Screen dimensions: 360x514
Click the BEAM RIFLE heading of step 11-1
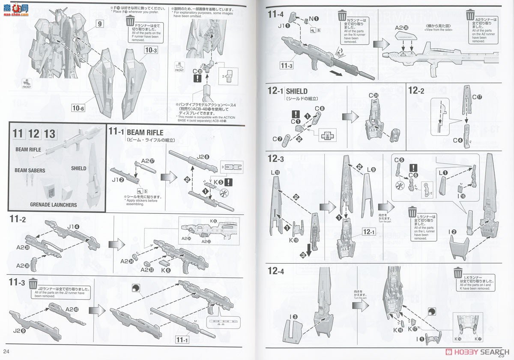tap(145, 132)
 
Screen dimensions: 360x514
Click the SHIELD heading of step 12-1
tap(296, 91)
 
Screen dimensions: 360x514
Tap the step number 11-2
tap(18, 220)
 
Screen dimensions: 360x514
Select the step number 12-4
tap(276, 271)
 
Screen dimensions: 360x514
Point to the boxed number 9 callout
tap(99, 24)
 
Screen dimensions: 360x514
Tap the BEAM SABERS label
tap(30, 170)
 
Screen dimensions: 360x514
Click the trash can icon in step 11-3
tap(33, 284)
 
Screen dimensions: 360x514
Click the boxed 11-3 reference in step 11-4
tap(286, 66)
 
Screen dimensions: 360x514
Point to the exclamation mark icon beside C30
tap(197, 78)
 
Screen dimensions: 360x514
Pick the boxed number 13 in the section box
tap(49, 134)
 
